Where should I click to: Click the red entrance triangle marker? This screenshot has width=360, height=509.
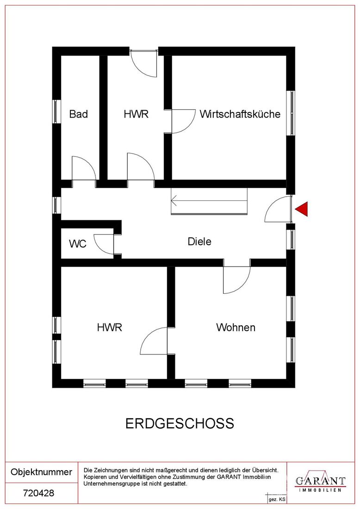click(302, 209)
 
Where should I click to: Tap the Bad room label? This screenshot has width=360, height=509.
click(79, 114)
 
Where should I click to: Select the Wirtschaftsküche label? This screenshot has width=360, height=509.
click(240, 114)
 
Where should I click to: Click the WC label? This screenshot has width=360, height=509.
click(78, 243)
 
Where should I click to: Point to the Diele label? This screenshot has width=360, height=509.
click(199, 242)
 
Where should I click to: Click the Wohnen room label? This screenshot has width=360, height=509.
click(236, 327)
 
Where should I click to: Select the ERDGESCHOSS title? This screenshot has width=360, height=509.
click(180, 423)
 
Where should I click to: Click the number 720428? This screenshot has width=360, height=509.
click(38, 493)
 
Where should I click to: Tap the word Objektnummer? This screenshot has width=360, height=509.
click(41, 472)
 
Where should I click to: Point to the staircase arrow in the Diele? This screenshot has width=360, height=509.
click(209, 200)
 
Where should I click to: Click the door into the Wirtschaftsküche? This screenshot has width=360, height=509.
click(183, 121)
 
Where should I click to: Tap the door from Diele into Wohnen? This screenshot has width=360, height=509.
click(236, 280)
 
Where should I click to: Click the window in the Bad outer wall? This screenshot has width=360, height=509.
click(57, 112)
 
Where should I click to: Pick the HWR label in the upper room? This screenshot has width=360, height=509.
click(136, 114)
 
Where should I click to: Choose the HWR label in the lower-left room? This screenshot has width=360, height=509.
click(109, 327)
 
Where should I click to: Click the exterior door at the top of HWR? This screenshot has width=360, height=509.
click(144, 63)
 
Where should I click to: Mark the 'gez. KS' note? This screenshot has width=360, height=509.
click(277, 500)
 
